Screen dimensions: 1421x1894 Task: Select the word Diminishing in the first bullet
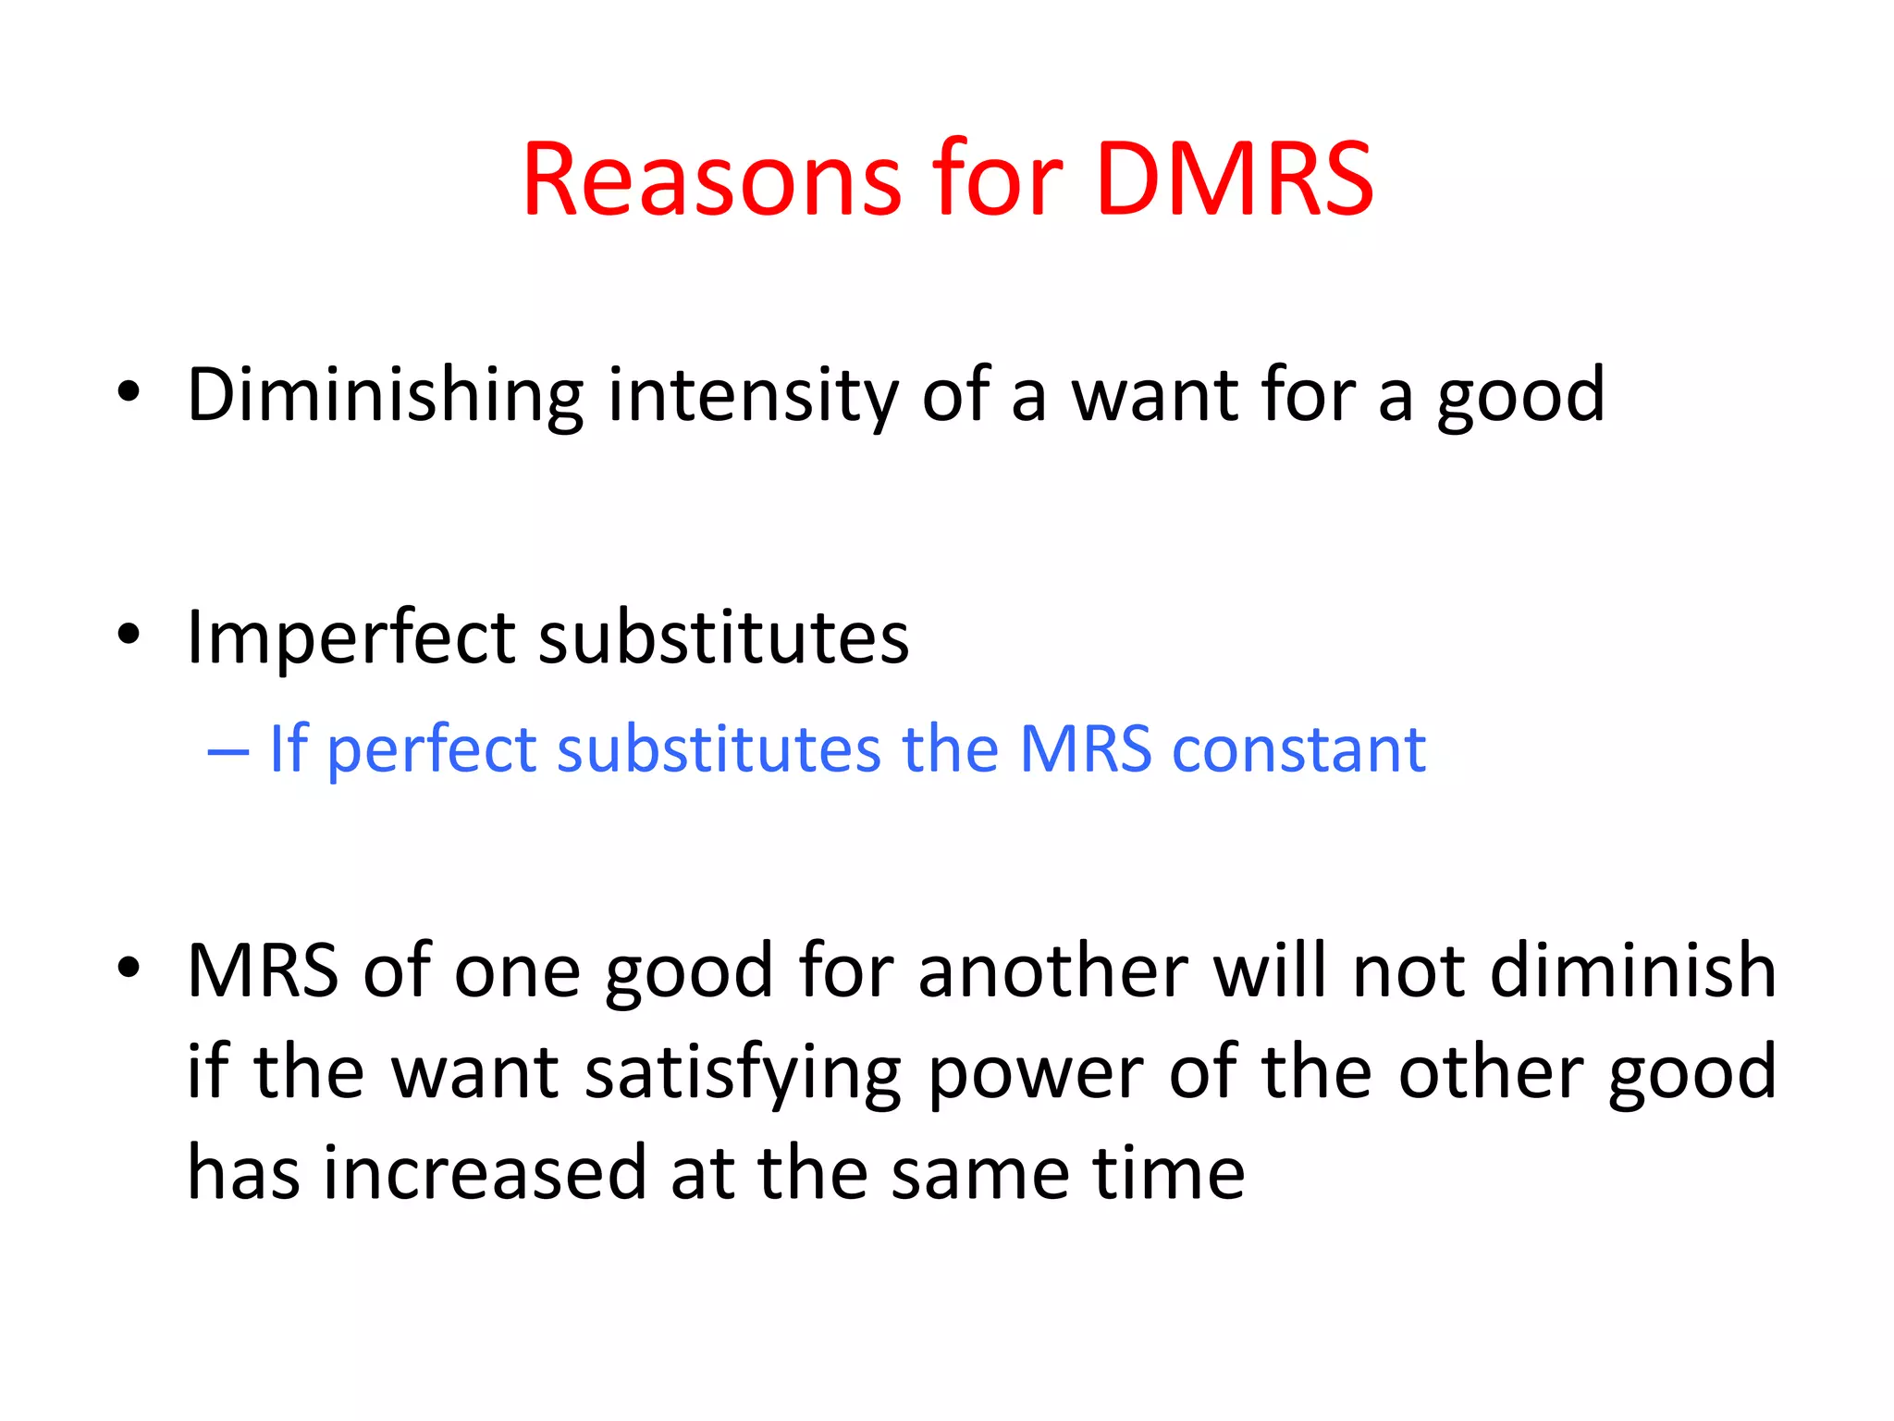pyautogui.click(x=385, y=396)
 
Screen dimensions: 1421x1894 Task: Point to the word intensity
pyautogui.click(x=753, y=396)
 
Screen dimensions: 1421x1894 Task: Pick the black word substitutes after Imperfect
pyautogui.click(x=723, y=638)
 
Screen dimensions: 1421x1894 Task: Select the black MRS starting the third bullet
pyautogui.click(x=263, y=971)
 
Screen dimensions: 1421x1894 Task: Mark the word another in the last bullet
pyautogui.click(x=1052, y=971)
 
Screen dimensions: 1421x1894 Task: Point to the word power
pyautogui.click(x=1036, y=1073)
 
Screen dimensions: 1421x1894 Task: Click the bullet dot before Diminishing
pyautogui.click(x=129, y=393)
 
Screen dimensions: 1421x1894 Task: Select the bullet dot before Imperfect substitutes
pyautogui.click(x=129, y=636)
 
